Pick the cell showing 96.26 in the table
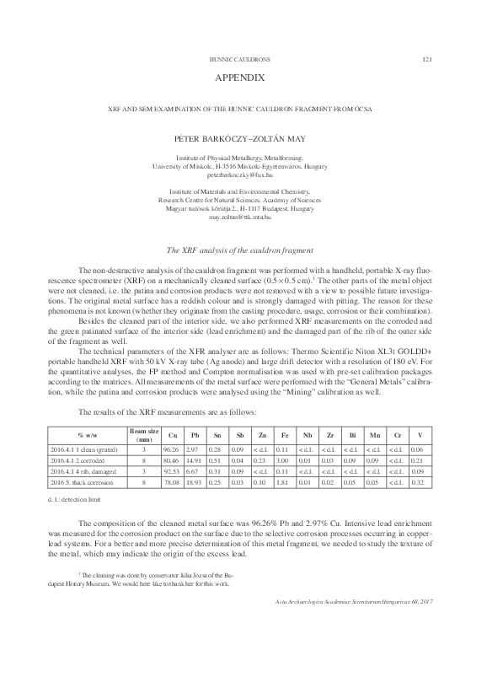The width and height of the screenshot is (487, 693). [172, 452]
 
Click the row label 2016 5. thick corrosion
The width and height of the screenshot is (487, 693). [83, 482]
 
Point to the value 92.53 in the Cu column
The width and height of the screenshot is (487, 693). [172, 472]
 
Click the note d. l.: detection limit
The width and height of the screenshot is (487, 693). [77, 502]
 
